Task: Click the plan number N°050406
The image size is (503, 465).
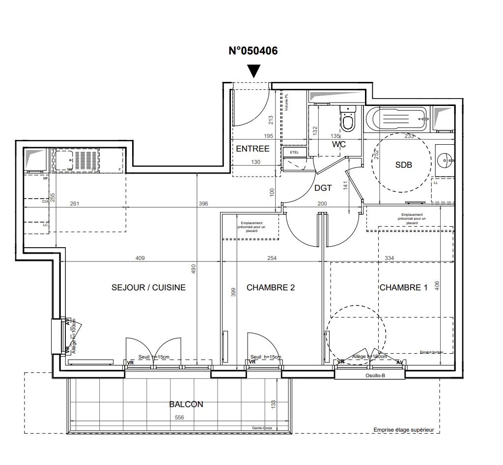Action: (253, 51)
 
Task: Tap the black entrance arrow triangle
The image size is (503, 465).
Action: (253, 72)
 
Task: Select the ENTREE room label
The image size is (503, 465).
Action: (252, 149)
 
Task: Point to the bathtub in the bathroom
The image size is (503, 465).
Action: (397, 118)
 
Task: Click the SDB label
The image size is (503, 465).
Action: (403, 165)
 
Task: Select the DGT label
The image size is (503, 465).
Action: (324, 187)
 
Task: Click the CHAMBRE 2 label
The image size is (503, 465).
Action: (271, 287)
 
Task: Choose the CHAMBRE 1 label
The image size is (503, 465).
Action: (403, 287)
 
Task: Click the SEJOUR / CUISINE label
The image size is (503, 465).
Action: (149, 287)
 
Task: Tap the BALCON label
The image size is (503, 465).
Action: (186, 405)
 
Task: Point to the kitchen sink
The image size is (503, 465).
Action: (64, 160)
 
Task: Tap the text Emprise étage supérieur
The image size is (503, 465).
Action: (404, 430)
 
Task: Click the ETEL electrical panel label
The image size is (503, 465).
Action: (295, 153)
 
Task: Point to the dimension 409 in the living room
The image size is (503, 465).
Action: (140, 258)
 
